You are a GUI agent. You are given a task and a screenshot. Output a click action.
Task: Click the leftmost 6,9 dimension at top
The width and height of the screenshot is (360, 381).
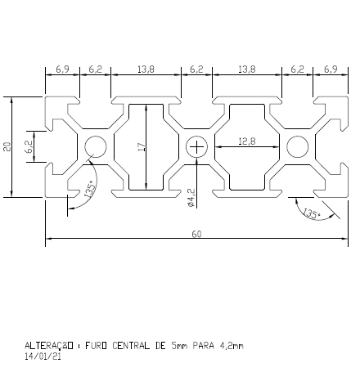click(62, 70)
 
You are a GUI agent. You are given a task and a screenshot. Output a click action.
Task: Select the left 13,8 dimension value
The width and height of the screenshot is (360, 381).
click(146, 70)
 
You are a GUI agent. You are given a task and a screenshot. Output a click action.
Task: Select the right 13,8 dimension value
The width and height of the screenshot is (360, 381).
click(246, 70)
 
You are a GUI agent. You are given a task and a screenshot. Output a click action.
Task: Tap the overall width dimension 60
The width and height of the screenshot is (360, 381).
click(196, 234)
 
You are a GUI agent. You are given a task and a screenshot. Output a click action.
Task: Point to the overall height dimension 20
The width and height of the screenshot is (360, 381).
click(7, 146)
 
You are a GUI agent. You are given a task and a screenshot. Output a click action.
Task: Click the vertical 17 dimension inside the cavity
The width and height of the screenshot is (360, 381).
click(141, 146)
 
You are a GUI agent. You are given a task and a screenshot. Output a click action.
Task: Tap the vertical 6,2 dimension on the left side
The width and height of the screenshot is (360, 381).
click(29, 146)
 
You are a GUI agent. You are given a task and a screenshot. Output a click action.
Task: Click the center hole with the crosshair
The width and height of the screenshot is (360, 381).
click(196, 147)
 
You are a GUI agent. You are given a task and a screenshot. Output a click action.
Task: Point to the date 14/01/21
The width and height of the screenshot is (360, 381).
click(43, 356)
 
